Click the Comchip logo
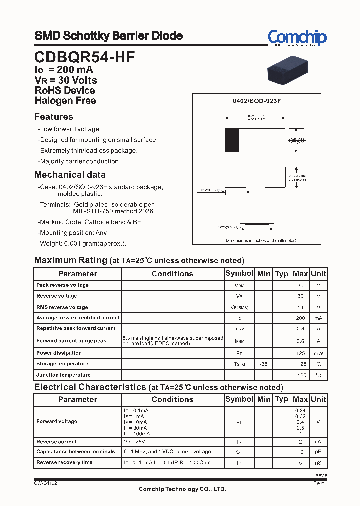coord(297,38)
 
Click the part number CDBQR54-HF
coord(84,57)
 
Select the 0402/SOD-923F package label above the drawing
coord(257,101)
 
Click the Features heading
coord(54,117)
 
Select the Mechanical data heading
coord(70,175)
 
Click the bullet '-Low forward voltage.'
coord(69,129)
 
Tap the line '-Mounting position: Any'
coord(72,233)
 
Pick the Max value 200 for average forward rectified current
coord(300,318)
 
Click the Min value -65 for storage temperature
coord(263,364)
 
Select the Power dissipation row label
coord(59,353)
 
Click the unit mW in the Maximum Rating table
coord(318,353)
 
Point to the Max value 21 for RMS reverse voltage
coord(300,307)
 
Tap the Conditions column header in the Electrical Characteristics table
coord(172,399)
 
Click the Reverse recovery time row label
coord(64,462)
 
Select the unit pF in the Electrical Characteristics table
coord(318,452)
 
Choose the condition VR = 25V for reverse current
coord(135,442)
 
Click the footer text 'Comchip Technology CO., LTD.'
coord(182,489)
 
